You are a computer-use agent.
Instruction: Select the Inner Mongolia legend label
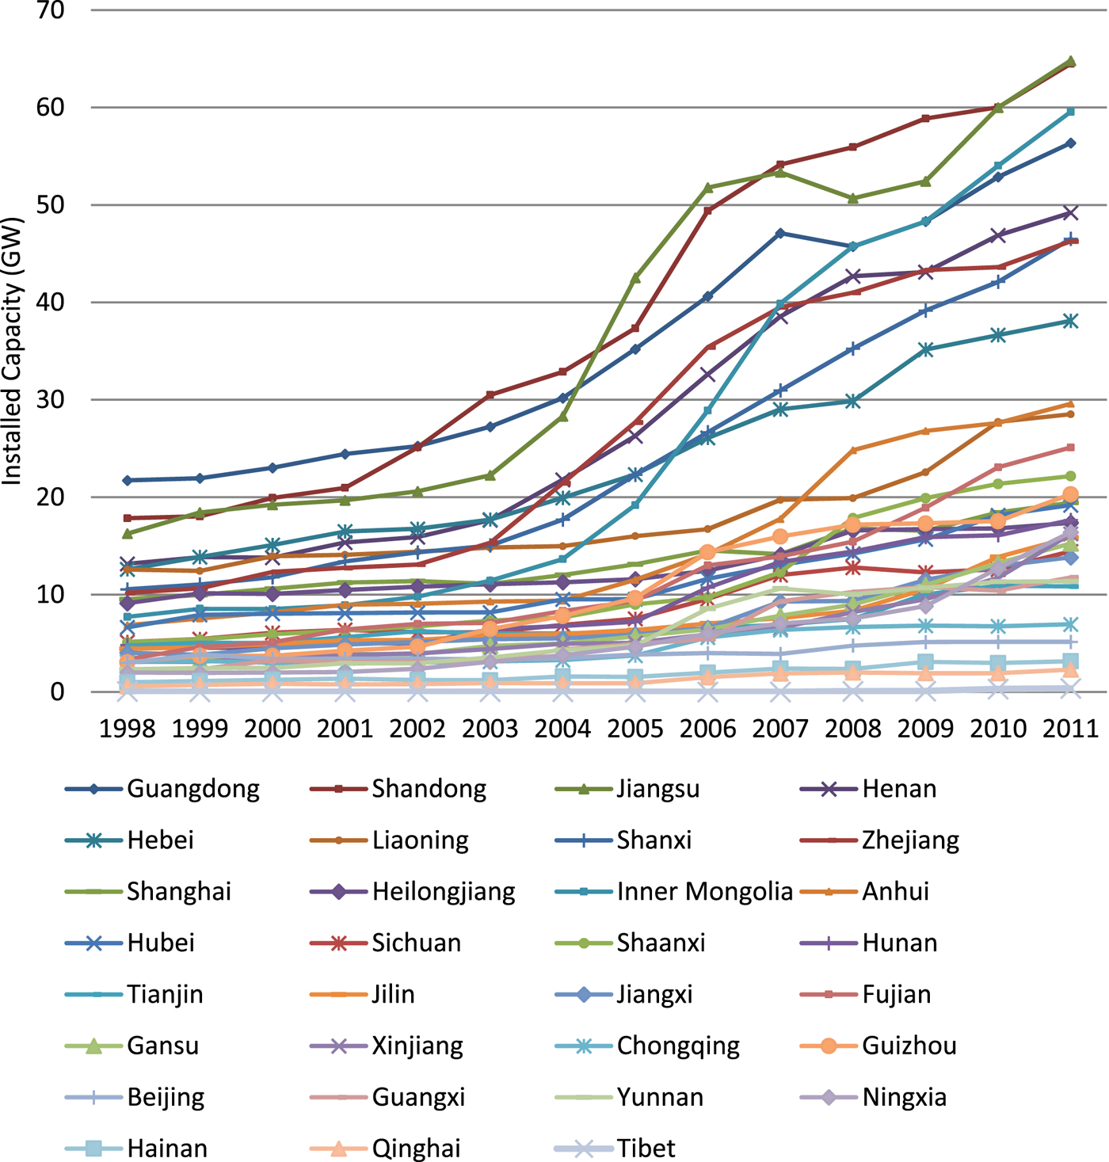704,892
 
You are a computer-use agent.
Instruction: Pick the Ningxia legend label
904,1098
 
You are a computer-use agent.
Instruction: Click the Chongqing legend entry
678,1046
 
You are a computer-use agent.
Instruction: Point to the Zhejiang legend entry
910,840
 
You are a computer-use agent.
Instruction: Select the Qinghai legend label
416,1149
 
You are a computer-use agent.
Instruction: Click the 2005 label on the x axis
635,728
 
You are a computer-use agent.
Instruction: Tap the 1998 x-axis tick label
127,728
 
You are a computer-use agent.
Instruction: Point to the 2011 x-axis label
1070,728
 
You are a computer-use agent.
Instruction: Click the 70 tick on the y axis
51,11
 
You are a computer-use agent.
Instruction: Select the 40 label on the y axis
51,303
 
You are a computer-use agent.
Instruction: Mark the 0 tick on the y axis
57,691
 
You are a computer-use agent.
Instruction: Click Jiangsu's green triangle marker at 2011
1070,61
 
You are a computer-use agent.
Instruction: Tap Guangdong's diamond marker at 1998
127,480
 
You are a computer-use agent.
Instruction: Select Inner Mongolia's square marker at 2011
1070,112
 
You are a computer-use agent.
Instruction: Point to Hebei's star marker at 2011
1070,321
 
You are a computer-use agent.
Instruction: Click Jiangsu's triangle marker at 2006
708,188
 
